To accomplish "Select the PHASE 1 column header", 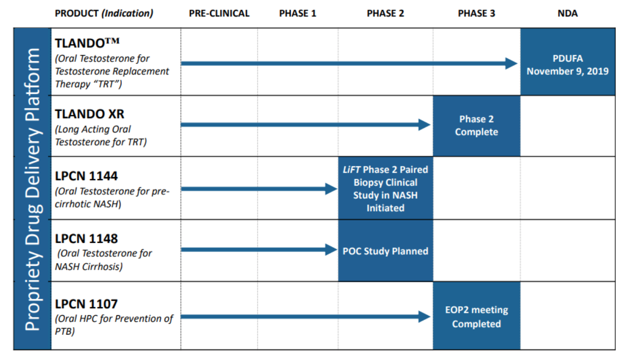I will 297,14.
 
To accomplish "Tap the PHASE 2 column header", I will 385,14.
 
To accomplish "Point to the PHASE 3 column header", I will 476,14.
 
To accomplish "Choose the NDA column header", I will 567,14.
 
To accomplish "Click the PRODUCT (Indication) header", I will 104,14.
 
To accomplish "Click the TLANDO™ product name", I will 87,43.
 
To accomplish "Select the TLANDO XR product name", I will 90,114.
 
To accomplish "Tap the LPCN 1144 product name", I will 86,176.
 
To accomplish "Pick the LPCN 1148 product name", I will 86,238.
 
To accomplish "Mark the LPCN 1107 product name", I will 86,304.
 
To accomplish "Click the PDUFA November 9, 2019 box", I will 567,65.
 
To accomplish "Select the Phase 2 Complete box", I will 476,126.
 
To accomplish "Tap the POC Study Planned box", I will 385,251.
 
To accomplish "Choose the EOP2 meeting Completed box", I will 476,317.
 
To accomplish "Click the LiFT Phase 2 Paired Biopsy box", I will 385,188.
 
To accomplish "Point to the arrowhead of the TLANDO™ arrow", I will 512,63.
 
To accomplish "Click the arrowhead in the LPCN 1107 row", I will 425,317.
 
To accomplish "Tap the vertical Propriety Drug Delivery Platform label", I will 33,189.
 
